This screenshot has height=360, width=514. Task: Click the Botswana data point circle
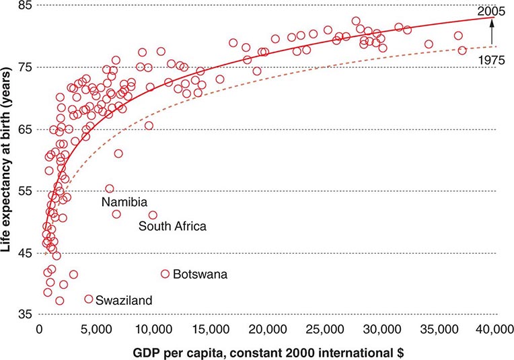(x=165, y=274)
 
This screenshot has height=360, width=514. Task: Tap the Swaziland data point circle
(x=89, y=299)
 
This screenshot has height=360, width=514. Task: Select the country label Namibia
(x=124, y=201)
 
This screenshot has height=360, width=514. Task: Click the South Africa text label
(x=172, y=226)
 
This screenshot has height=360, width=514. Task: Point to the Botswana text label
(x=200, y=275)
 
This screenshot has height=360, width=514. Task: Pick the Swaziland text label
(x=124, y=300)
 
